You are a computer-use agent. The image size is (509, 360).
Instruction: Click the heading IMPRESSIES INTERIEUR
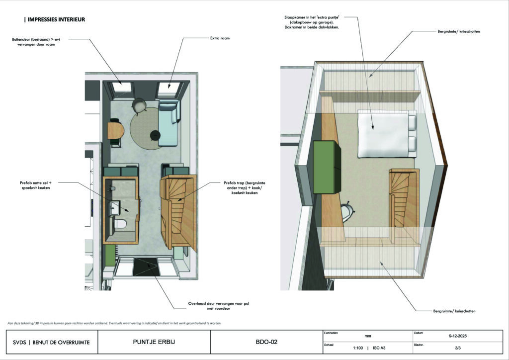tap(55, 19)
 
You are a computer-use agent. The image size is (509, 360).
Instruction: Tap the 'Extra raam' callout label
tap(220, 38)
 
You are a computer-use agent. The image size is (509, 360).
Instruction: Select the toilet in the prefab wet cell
tap(120, 223)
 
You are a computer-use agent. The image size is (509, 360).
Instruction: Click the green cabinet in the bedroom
tap(327, 167)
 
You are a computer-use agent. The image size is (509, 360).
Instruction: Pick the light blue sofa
tap(169, 123)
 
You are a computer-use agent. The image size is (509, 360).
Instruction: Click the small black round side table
tap(156, 135)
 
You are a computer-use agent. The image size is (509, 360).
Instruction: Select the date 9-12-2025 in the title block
tap(458, 336)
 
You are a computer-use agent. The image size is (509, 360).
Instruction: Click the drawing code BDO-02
tap(266, 342)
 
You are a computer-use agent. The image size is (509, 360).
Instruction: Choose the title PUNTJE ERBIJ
tap(154, 342)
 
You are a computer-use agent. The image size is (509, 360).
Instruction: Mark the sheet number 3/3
tap(458, 348)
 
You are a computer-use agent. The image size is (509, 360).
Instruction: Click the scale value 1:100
tap(358, 348)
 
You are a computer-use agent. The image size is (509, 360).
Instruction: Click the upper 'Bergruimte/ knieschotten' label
tap(459, 31)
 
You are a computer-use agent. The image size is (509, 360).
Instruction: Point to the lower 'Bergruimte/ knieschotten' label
tap(454, 311)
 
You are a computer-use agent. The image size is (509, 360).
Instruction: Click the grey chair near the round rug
tap(139, 105)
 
